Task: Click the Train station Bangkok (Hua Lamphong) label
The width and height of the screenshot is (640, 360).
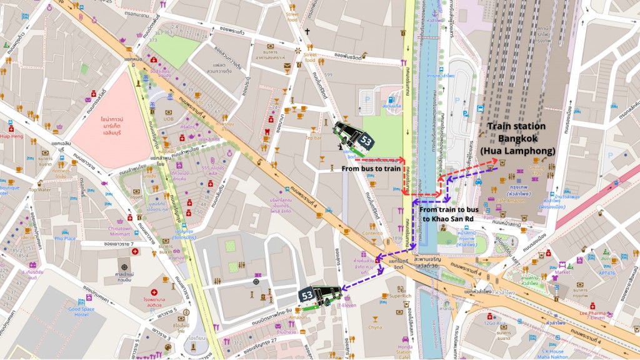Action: [516, 138]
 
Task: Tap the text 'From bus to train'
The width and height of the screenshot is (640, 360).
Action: [370, 168]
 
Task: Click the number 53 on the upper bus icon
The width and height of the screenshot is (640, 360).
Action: [366, 142]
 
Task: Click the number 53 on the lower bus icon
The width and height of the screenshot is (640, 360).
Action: [307, 294]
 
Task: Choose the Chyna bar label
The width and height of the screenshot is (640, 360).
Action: [375, 326]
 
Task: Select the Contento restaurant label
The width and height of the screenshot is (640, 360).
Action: [372, 233]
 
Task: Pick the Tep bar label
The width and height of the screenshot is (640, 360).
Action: [313, 137]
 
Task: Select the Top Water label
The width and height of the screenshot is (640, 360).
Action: [39, 189]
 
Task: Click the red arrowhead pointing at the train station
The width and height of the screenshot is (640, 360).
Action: [495, 161]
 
